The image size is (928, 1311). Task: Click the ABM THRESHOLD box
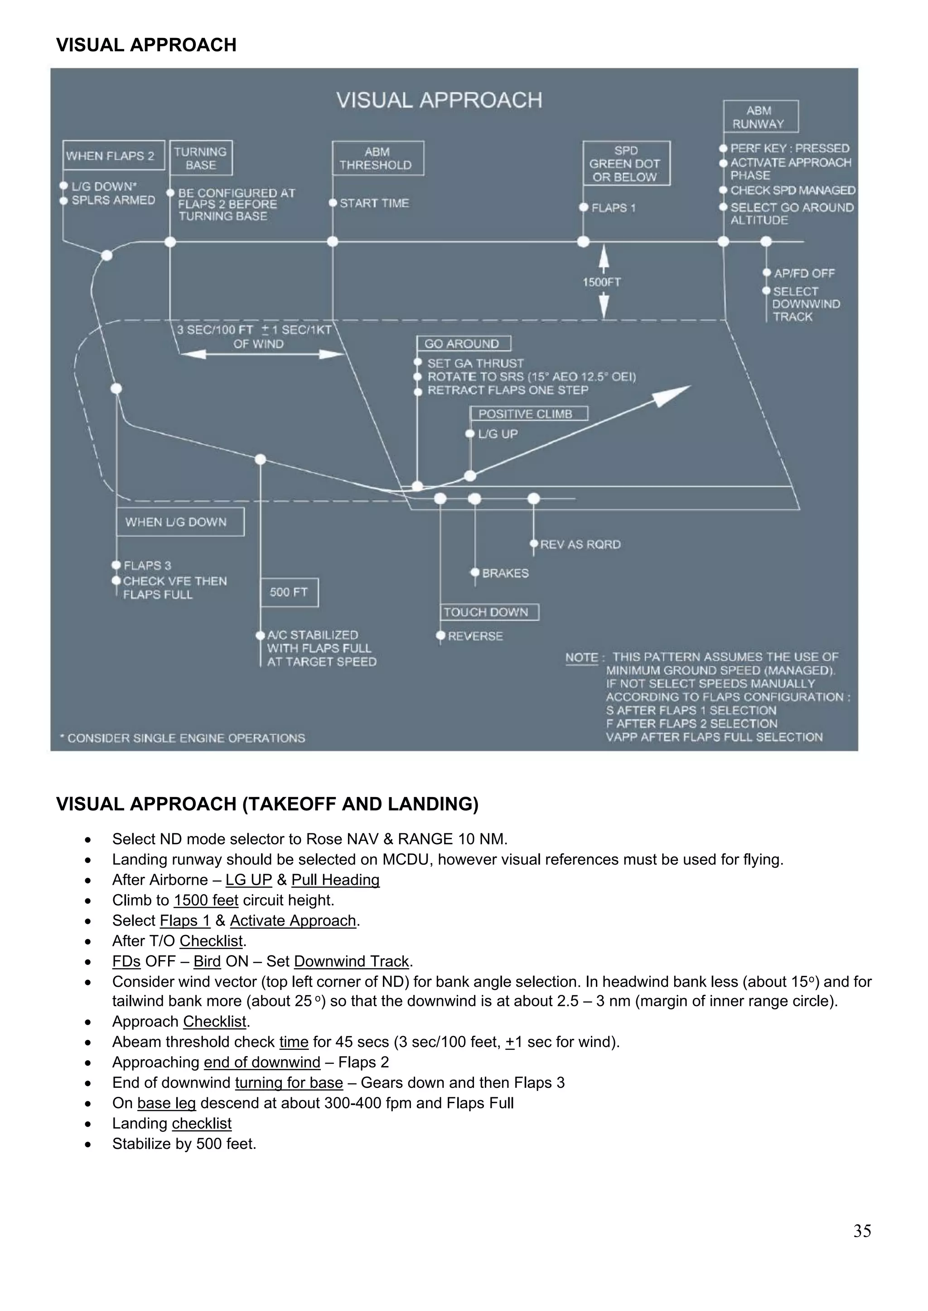tap(378, 158)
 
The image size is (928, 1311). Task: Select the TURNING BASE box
tap(201, 158)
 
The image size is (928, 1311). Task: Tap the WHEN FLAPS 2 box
tap(113, 156)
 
